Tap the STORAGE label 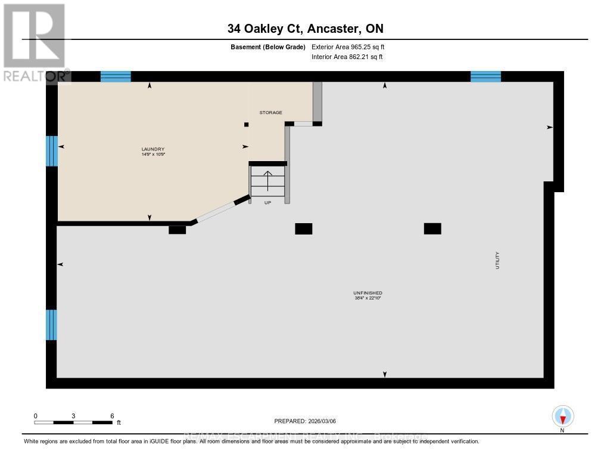(x=270, y=112)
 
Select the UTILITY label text (x=497, y=261)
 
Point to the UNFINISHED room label (x=367, y=292)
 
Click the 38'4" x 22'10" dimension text (x=367, y=298)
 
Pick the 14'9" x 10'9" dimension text (x=152, y=155)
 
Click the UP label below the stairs (x=267, y=203)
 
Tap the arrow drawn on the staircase (x=267, y=180)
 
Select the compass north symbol (x=562, y=416)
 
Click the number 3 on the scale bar (x=73, y=415)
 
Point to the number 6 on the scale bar (x=111, y=415)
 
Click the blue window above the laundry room (x=116, y=76)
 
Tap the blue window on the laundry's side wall (x=52, y=151)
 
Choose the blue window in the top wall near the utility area (x=485, y=76)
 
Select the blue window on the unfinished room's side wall (x=52, y=325)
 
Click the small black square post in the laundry (x=247, y=124)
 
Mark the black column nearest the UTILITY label (x=432, y=229)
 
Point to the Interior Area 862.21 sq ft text (x=347, y=57)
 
